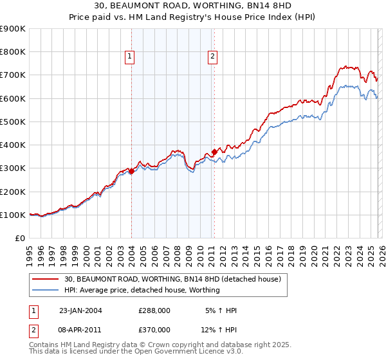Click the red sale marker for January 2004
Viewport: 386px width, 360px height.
click(x=131, y=171)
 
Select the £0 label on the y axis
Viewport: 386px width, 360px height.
click(x=19, y=238)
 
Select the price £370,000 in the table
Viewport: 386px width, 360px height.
click(x=154, y=328)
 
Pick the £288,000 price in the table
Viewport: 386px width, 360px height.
click(x=154, y=310)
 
